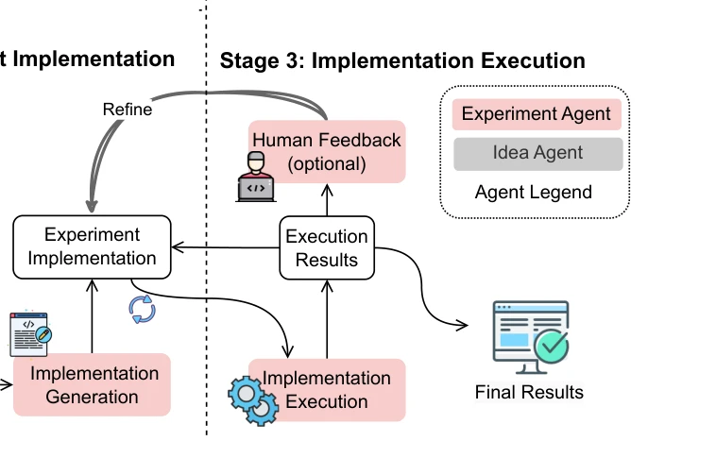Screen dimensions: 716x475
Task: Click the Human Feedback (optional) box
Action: pos(327,151)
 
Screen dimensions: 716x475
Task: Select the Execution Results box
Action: pos(327,247)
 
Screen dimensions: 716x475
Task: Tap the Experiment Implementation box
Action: pos(92,246)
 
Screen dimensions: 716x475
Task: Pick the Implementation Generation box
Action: pos(92,384)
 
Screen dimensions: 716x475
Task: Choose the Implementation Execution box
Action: pos(327,390)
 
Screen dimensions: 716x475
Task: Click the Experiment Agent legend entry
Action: pos(537,114)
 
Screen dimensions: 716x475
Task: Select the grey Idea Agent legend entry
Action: pos(537,153)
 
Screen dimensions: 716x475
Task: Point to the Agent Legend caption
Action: pos(534,192)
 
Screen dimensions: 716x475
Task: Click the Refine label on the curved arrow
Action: pos(128,110)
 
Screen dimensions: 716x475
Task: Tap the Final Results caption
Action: pos(529,393)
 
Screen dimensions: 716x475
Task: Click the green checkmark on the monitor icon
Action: pos(552,346)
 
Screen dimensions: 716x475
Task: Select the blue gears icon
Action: pos(253,400)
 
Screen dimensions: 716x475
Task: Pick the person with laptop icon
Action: pos(256,177)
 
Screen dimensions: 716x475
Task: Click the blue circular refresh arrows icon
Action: pos(142,310)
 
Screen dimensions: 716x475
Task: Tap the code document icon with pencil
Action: pos(30,333)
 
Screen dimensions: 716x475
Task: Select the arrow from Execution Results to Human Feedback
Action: pos(327,200)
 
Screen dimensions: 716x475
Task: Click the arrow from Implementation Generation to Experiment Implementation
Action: pos(92,316)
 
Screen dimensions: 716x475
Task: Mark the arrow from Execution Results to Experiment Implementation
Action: pos(226,247)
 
